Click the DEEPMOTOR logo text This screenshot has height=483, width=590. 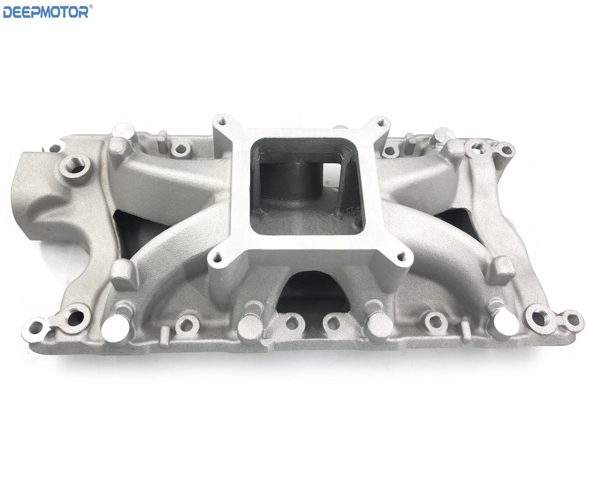pyautogui.click(x=46, y=12)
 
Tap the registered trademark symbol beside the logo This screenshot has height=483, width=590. pyautogui.click(x=90, y=6)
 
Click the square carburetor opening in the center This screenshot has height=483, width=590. pyautogui.click(x=307, y=186)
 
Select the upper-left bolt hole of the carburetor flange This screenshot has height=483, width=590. pyautogui.click(x=223, y=121)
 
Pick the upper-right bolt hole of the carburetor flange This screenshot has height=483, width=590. pyautogui.click(x=381, y=122)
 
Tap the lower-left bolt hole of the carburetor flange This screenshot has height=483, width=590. pyautogui.click(x=217, y=258)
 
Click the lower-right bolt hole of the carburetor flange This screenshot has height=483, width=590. pyautogui.click(x=402, y=257)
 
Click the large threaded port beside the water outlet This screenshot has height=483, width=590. pyautogui.click(x=75, y=165)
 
